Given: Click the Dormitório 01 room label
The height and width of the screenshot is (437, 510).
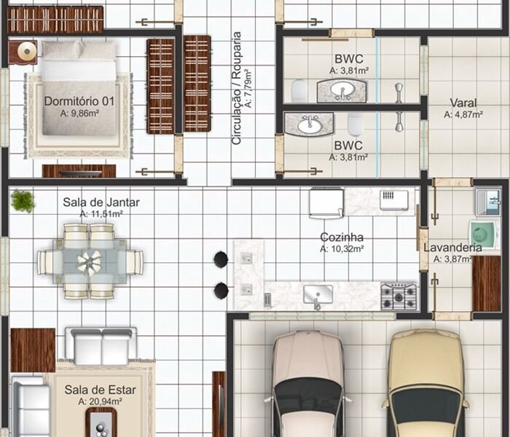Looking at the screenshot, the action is click(79, 101).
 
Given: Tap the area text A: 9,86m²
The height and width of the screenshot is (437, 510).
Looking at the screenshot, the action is click(79, 113).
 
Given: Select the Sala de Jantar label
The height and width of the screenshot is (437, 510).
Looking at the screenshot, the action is click(101, 202).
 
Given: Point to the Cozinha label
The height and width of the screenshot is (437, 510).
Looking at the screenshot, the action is click(342, 237).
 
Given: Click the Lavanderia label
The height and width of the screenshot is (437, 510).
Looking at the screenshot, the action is click(452, 248).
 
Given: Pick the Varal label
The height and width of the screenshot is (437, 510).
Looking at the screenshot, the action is click(463, 103).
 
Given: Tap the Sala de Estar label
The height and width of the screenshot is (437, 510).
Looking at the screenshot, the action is click(101, 390).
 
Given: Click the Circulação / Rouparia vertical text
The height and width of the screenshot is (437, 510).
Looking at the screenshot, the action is click(237, 88).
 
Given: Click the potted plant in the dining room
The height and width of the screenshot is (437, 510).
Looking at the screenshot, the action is click(23, 201).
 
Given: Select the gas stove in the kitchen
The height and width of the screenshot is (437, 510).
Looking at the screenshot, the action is click(399, 296).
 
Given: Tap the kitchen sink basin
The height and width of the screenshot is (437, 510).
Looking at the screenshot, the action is click(318, 294).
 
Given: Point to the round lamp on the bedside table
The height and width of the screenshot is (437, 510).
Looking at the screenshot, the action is click(27, 51).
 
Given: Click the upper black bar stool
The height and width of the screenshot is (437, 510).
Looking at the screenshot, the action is click(221, 259).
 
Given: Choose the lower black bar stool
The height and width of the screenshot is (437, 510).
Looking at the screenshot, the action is click(221, 290).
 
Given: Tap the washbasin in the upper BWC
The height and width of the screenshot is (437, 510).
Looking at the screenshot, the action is click(342, 90).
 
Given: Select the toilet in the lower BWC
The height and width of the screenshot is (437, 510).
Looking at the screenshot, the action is click(355, 124).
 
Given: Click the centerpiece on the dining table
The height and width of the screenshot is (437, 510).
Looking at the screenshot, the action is click(89, 262).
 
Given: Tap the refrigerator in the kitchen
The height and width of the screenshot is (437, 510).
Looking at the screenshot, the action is click(326, 203).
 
